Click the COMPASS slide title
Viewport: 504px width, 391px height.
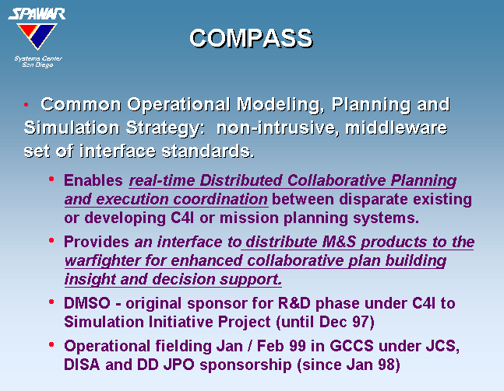click(251, 38)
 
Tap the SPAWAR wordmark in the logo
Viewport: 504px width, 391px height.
click(37, 14)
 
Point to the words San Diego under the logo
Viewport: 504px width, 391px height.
click(37, 65)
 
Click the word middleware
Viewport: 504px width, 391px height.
click(396, 127)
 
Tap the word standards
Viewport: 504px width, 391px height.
click(208, 151)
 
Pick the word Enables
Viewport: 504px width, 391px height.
click(93, 180)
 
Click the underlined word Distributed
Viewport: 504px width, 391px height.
click(241, 180)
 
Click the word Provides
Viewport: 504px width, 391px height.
click(96, 242)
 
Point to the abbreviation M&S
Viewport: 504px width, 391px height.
click(339, 242)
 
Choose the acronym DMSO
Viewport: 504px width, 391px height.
click(87, 303)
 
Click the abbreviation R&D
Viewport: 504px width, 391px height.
click(294, 303)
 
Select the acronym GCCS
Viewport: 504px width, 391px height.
click(351, 346)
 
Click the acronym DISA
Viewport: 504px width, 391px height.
click(82, 365)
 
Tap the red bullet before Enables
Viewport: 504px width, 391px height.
click(51, 179)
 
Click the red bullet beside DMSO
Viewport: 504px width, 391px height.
click(51, 302)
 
